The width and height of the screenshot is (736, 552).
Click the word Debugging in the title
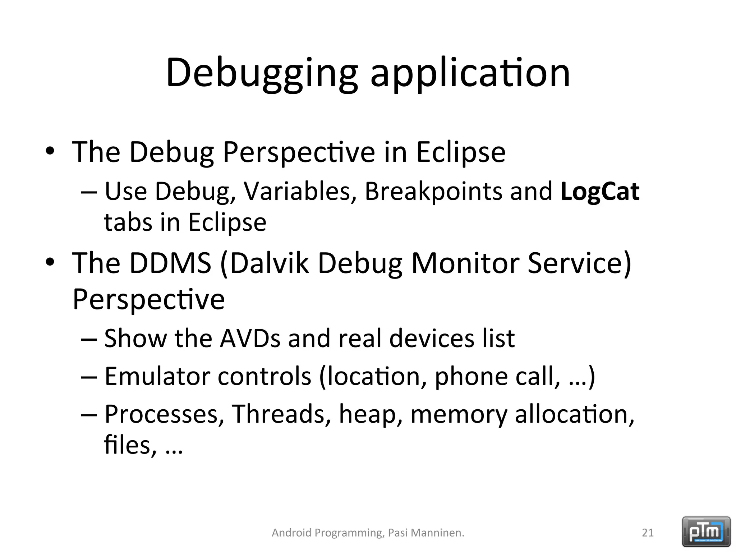coord(262,74)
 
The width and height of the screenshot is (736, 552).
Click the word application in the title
coord(470,74)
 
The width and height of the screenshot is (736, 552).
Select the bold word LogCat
coord(600,192)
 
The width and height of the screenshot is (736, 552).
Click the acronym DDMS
coord(170,263)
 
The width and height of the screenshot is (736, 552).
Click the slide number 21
coord(648,533)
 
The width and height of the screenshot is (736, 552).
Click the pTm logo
coord(706,532)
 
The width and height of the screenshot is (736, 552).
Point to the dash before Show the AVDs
coord(89,339)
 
